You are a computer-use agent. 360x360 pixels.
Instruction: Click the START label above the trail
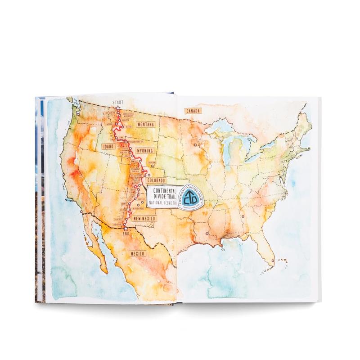coord(118,102)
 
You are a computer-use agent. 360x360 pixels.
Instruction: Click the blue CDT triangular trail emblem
coord(190,198)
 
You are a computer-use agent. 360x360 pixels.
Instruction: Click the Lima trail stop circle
coord(117,141)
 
